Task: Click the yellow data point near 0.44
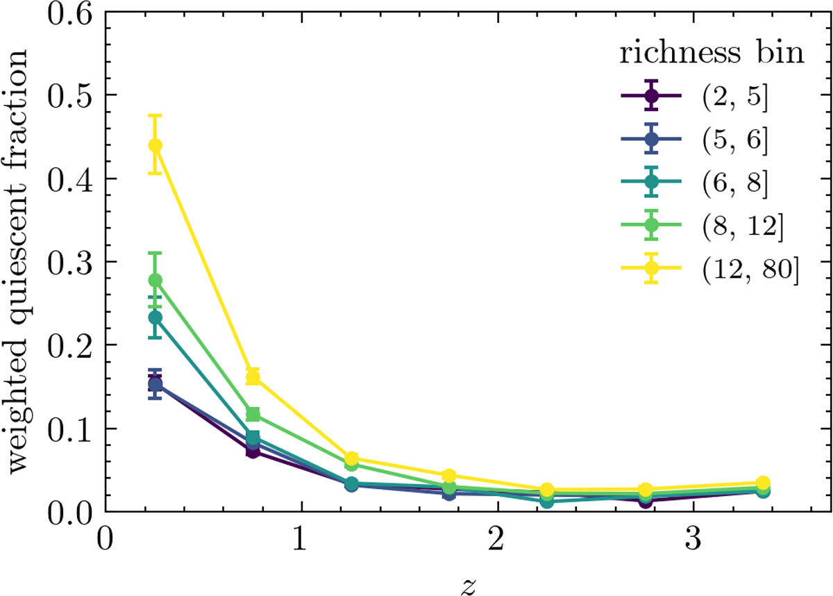[x=155, y=145]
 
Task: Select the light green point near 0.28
[x=155, y=281]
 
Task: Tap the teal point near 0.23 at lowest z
[x=155, y=317]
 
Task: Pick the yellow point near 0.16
[x=253, y=377]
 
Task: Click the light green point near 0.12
[x=253, y=415]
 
